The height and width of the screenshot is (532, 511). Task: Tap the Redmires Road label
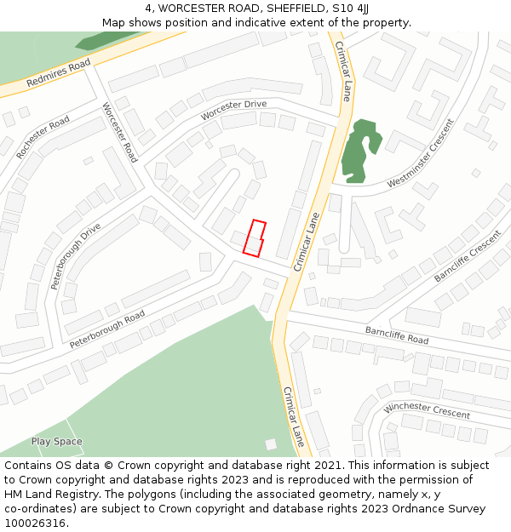coord(59,74)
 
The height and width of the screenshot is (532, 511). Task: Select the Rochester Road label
coord(43,137)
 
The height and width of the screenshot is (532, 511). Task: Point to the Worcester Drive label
coord(233,110)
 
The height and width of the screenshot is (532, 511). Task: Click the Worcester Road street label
coord(119,133)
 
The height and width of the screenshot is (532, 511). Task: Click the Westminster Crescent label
coord(421,153)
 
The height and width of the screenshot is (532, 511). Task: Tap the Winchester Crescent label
coord(427,409)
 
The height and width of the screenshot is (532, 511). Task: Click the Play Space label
coord(56,442)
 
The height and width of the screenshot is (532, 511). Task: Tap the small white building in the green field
coord(271,444)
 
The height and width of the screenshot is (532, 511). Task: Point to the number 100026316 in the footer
coord(35,523)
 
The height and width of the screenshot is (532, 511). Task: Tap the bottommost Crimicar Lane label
coord(293,417)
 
